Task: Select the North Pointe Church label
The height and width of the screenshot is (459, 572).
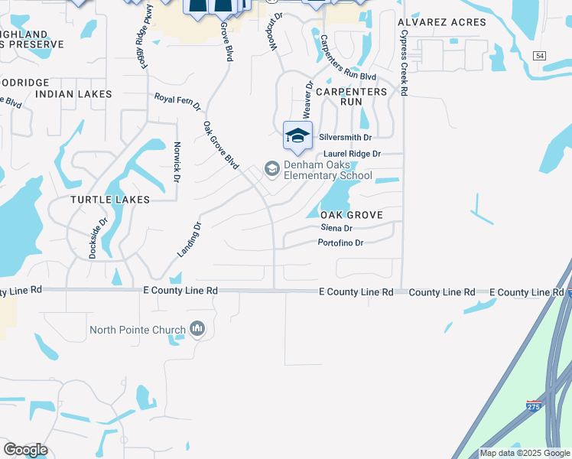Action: tap(138, 330)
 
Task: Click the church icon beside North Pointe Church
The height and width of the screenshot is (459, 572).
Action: tap(198, 329)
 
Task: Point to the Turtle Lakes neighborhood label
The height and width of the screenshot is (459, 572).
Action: tap(110, 199)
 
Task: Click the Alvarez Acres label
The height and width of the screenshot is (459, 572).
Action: tap(441, 22)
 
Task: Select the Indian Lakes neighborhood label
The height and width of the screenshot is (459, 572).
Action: tap(73, 94)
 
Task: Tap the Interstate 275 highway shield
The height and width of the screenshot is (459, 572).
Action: tap(535, 406)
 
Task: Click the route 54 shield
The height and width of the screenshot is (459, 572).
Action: tap(541, 57)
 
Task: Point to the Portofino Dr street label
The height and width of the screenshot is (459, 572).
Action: tap(340, 243)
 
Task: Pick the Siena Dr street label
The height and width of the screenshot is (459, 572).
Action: tap(336, 228)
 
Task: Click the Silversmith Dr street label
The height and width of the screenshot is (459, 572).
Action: tap(345, 138)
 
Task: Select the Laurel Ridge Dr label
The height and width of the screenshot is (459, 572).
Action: tap(352, 154)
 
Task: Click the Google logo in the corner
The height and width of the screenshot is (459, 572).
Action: tap(25, 450)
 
